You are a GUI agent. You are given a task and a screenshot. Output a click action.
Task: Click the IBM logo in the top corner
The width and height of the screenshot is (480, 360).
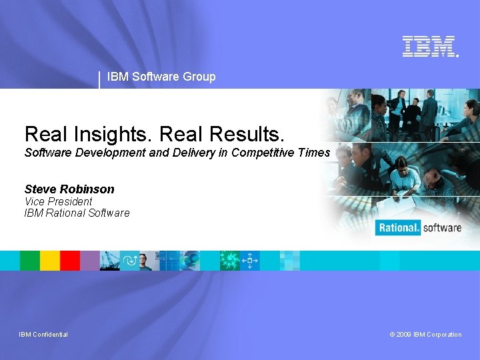click(430, 46)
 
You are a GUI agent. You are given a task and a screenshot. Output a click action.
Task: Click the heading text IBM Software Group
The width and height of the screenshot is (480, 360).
click(161, 77)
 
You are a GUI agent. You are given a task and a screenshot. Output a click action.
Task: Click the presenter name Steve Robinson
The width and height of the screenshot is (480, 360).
click(69, 189)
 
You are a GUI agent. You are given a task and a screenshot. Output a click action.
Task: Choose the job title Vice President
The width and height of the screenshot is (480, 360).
click(58, 201)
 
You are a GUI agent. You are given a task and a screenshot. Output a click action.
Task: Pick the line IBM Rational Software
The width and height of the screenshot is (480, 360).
click(77, 213)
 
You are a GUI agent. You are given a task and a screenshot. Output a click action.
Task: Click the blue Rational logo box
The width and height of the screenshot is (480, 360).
click(398, 227)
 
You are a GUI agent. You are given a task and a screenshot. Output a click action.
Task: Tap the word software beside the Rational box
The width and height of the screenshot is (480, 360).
click(441, 227)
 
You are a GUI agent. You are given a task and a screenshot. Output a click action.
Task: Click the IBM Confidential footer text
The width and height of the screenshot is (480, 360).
click(43, 335)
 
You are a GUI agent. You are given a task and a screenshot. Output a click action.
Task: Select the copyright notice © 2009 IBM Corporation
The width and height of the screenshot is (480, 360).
click(425, 335)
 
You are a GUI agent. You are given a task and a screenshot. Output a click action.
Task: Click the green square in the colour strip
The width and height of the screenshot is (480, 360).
click(30, 260)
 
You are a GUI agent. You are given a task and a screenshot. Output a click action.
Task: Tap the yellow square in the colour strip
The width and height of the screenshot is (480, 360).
click(50, 260)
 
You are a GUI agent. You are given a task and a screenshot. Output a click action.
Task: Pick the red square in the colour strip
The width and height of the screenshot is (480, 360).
click(70, 260)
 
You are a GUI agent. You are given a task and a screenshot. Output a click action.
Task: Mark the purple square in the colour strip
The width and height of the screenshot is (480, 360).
click(89, 260)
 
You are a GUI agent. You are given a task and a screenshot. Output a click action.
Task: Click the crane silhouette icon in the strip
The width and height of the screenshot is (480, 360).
click(109, 260)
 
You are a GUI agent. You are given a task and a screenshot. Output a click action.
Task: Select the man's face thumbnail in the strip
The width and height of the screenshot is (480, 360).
click(145, 260)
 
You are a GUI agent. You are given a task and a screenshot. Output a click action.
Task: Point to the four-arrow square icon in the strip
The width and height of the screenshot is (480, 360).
click(250, 260)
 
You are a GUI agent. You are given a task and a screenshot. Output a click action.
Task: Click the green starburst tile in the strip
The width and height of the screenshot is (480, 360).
click(230, 260)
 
